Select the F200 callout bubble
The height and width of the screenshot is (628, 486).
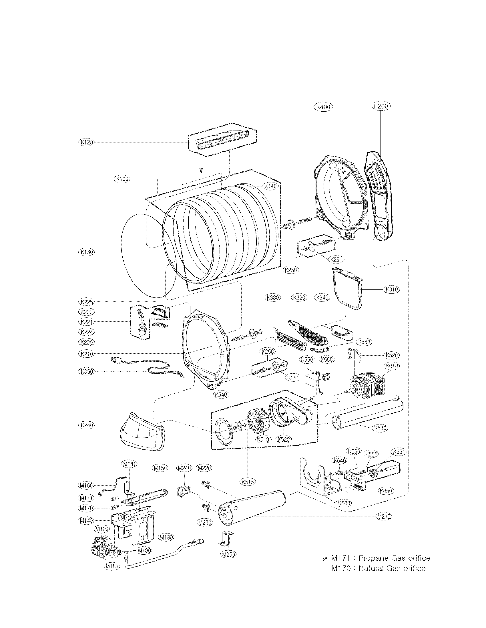pyautogui.click(x=381, y=106)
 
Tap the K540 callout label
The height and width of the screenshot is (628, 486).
pyautogui.click(x=221, y=395)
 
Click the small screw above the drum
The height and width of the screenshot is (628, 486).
pyautogui.click(x=201, y=170)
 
